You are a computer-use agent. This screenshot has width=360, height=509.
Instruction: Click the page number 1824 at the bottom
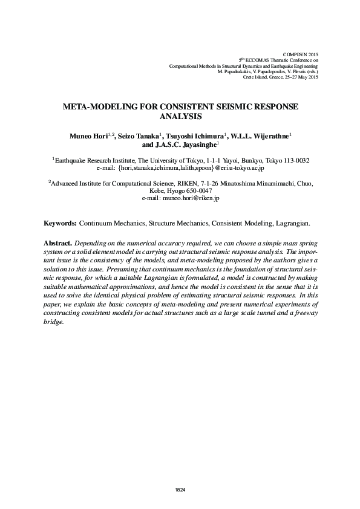click(x=180, y=488)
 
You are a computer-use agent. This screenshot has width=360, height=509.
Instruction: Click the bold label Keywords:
click(x=60, y=223)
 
